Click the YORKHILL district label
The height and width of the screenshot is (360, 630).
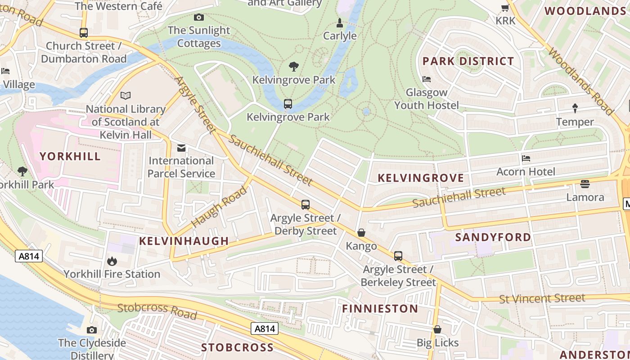coord(70,157)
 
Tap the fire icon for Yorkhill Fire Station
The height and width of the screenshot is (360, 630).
coord(112,261)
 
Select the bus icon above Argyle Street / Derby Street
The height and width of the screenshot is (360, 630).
coord(306,205)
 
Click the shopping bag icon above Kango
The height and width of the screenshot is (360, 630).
coord(361,233)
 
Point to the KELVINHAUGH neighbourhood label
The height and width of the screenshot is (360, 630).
coord(184,241)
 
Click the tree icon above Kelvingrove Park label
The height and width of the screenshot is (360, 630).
coord(294,67)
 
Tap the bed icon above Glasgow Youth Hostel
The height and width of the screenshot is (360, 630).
coord(427,79)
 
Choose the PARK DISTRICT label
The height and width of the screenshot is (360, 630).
coord(468,61)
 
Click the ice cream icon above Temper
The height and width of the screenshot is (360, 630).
coord(575,108)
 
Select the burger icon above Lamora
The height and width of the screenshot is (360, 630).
coord(585,184)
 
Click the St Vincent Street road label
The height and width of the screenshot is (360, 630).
coord(542,298)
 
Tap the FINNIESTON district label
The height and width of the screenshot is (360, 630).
coord(380,309)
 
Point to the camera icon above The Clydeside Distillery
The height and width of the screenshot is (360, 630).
coord(92,330)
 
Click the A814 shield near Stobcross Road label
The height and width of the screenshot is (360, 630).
coord(265,329)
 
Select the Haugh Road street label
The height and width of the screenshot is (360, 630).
coord(219,207)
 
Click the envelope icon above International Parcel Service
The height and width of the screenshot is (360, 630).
coord(181,148)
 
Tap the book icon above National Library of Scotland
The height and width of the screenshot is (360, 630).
coord(126,95)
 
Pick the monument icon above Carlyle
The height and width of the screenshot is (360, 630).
coord(340,23)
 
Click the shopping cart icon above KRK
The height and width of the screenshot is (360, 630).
coord(505,8)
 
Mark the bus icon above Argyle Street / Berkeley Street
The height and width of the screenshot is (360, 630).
coord(398,256)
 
